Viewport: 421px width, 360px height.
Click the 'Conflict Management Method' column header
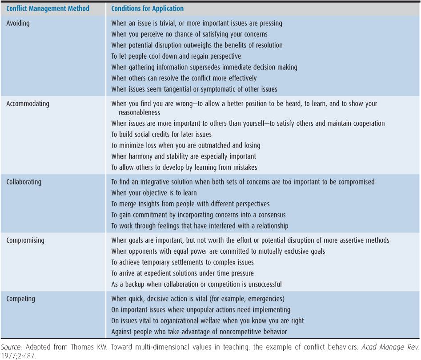click(x=48, y=8)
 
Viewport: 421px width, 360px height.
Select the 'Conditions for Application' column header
click(x=147, y=8)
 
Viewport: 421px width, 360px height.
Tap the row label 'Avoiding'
click(x=18, y=23)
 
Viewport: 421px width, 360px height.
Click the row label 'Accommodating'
click(x=28, y=104)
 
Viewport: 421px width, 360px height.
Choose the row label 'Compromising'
click(x=25, y=240)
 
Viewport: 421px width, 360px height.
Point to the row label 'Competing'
click(x=20, y=299)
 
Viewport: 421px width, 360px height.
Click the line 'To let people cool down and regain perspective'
click(x=176, y=56)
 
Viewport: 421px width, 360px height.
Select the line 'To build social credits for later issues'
click(x=167, y=134)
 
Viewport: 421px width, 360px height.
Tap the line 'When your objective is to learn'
click(x=154, y=193)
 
